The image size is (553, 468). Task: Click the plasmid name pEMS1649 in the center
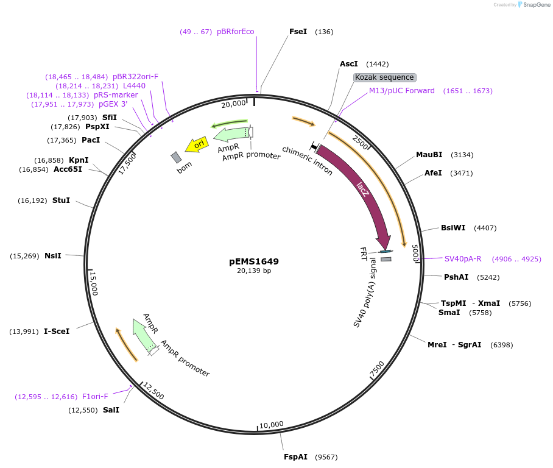click(254, 261)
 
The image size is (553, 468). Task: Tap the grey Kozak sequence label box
click(385, 77)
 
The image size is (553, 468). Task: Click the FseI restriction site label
click(298, 31)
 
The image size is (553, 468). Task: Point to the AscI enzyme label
click(349, 64)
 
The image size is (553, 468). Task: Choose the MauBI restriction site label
click(429, 155)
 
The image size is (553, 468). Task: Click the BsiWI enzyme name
click(453, 228)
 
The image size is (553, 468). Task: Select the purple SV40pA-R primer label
click(463, 258)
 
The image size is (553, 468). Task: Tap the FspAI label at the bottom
click(296, 456)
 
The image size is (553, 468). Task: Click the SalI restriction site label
click(111, 410)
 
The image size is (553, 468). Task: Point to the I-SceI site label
click(57, 331)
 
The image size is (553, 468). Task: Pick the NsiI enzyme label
click(53, 256)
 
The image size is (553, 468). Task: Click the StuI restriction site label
click(61, 200)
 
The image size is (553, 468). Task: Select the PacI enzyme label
click(91, 140)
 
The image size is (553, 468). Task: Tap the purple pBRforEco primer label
click(235, 32)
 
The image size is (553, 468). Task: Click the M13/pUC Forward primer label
click(402, 91)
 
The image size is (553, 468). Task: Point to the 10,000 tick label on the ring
click(272, 424)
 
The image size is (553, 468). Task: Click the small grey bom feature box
click(176, 158)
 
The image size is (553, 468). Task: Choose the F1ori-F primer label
click(95, 397)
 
